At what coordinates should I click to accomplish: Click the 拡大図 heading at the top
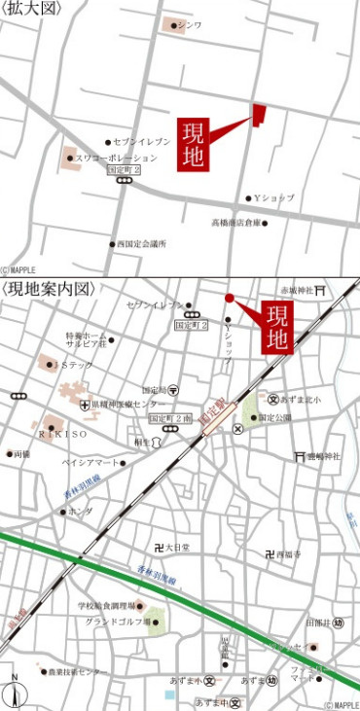(x=32, y=9)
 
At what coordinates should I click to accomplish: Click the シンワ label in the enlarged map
(x=191, y=25)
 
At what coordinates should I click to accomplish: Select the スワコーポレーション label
(x=110, y=158)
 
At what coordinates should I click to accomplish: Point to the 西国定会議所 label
(x=141, y=244)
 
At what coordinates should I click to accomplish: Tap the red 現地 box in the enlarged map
(x=192, y=145)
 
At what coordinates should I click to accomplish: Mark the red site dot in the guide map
(x=230, y=298)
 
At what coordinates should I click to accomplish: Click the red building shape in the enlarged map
(x=259, y=115)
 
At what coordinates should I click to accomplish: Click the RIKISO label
(x=62, y=432)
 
